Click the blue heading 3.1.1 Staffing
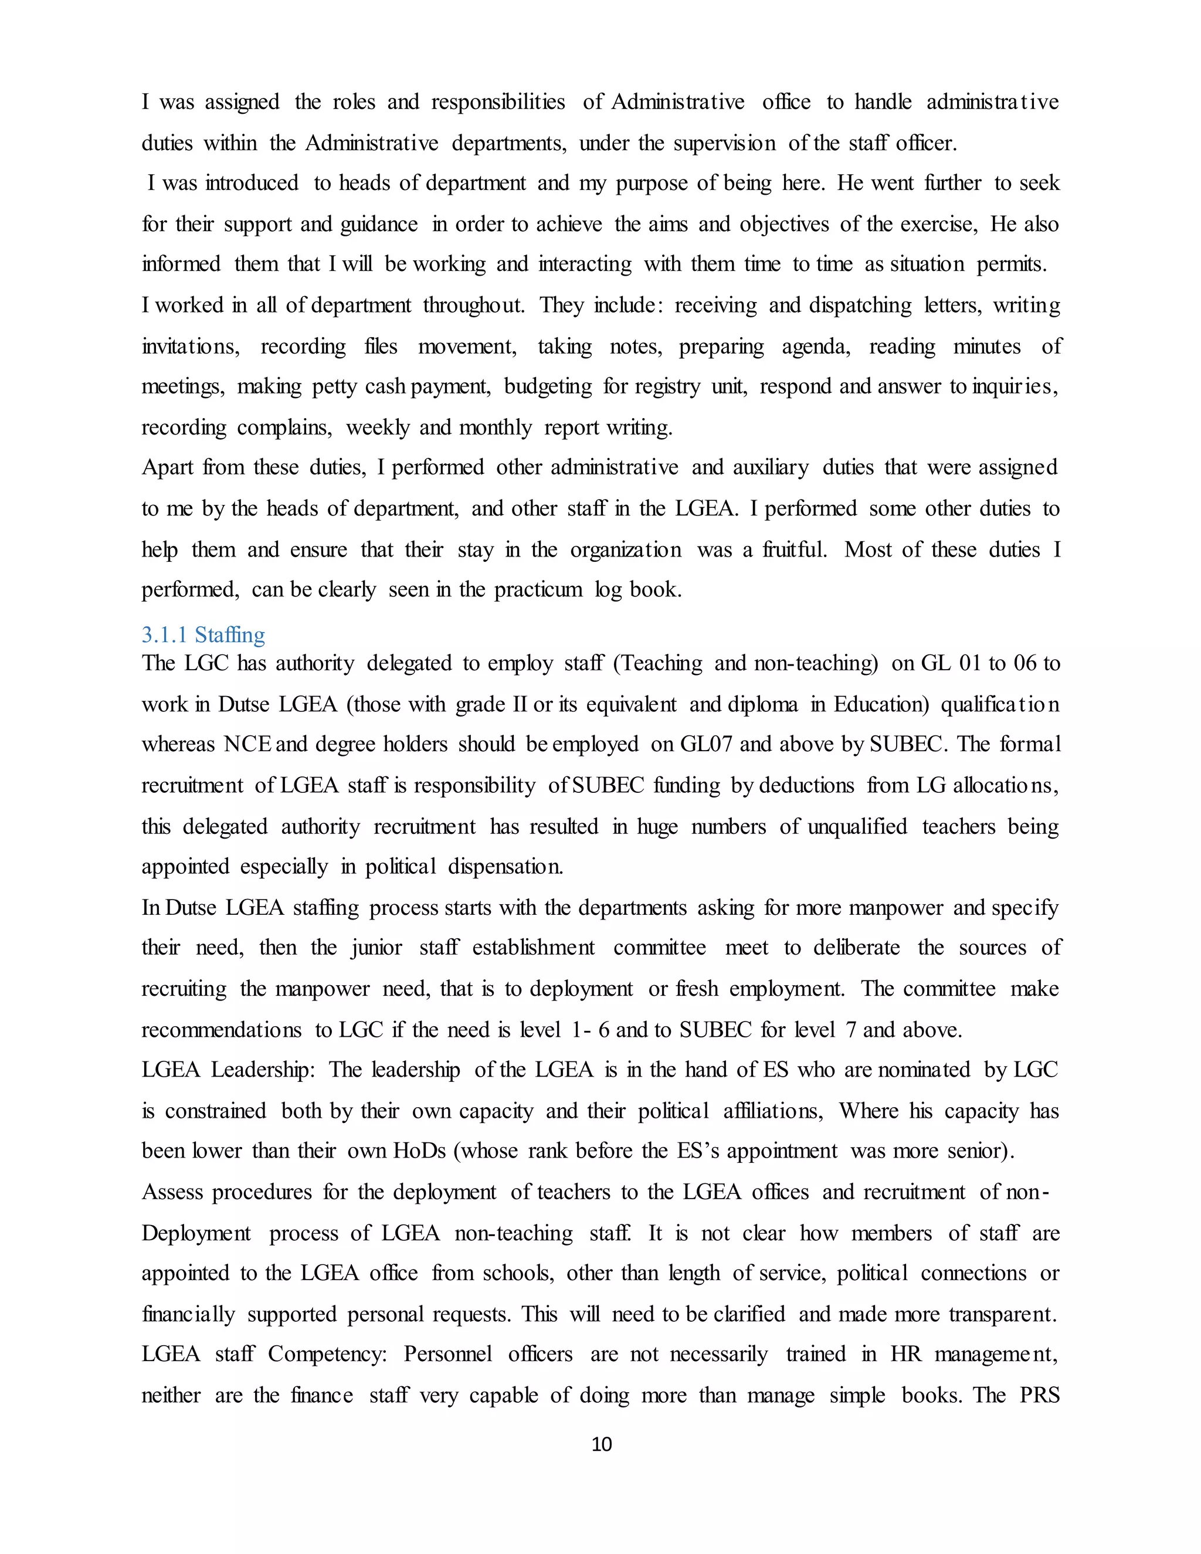pos(203,634)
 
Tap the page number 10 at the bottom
pos(601,1444)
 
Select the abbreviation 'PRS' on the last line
pos(1040,1394)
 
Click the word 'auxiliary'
pos(771,467)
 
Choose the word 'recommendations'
pos(221,1030)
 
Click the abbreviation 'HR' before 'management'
pos(905,1353)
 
